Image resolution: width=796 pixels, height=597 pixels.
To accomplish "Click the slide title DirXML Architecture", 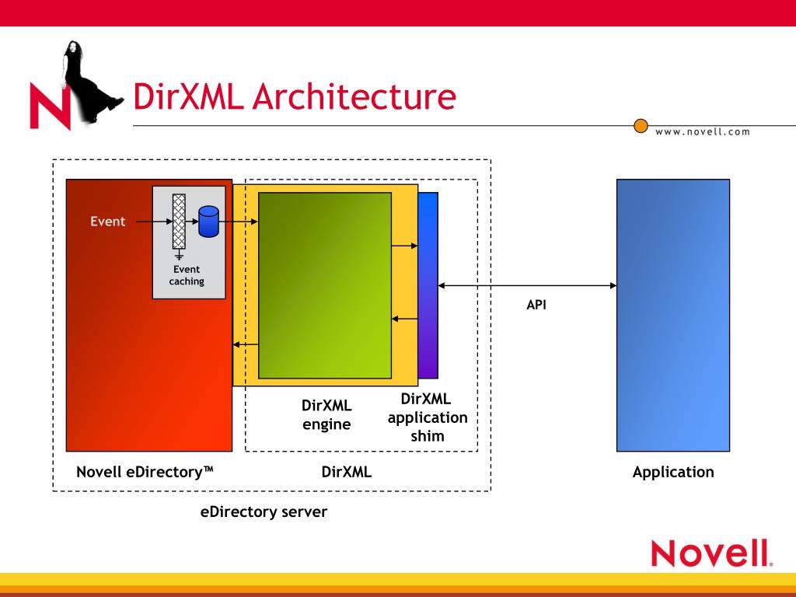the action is pos(294,97).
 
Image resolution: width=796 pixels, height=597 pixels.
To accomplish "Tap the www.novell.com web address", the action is pos(703,131).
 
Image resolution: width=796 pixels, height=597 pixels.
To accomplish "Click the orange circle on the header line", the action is pos(641,125).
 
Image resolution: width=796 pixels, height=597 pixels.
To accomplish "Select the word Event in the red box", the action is pos(107,222).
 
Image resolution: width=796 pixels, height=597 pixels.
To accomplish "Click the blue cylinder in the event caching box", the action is pos(208,222).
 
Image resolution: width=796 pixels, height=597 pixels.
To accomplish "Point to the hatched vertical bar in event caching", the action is pos(179,222).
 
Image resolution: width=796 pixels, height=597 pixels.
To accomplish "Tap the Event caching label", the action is pos(187,275).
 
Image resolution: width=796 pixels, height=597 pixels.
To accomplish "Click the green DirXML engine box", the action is pos(324,285).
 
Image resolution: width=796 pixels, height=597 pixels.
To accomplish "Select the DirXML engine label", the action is pos(326,415).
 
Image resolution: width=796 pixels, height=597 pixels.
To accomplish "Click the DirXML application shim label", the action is pos(427,417).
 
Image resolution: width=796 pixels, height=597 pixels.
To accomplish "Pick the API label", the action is pos(536,305).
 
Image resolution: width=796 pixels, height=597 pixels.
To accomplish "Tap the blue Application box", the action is pos(673,315).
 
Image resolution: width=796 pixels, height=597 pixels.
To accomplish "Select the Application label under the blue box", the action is pos(673,472).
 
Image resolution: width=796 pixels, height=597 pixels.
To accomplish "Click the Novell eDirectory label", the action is pos(145,472).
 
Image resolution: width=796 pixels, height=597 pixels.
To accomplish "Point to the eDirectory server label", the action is pos(264,512).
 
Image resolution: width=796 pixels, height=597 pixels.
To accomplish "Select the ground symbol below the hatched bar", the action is pos(179,254).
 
